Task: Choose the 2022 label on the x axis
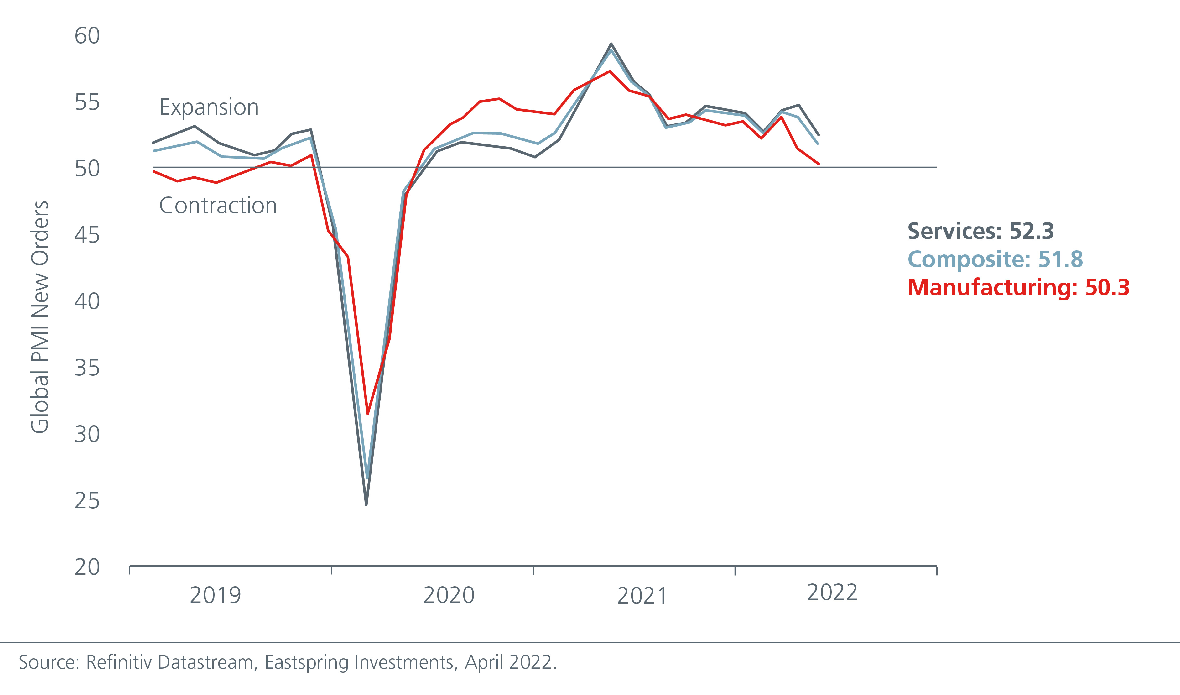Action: pyautogui.click(x=832, y=593)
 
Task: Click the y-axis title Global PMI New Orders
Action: pyautogui.click(x=39, y=317)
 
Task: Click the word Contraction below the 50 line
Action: pyautogui.click(x=218, y=206)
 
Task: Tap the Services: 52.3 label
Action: pyautogui.click(x=980, y=231)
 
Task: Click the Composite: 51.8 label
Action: pyautogui.click(x=995, y=259)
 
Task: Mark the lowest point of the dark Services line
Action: pyautogui.click(x=366, y=504)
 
